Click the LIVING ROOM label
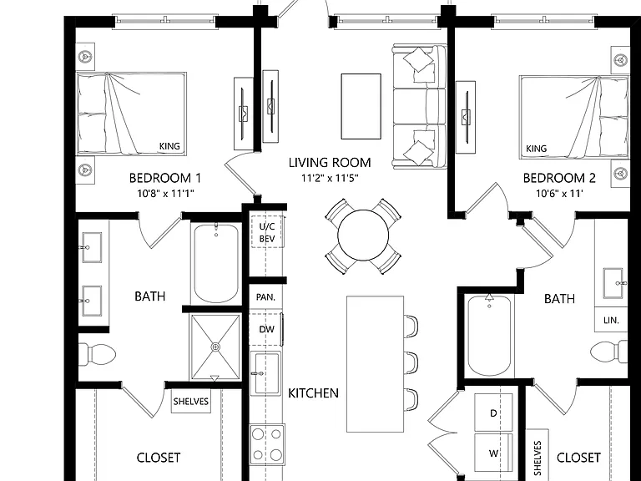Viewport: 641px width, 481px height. click(x=330, y=163)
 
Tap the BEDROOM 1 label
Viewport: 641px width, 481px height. click(x=165, y=179)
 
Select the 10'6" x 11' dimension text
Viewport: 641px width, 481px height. click(x=559, y=193)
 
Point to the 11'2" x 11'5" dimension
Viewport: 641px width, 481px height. click(x=330, y=179)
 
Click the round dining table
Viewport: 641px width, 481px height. click(x=363, y=235)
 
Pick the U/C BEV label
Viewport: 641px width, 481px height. click(x=267, y=232)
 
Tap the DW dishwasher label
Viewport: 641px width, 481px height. click(x=266, y=329)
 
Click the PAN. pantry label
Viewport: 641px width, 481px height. click(x=265, y=297)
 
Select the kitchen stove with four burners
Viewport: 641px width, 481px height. click(x=267, y=444)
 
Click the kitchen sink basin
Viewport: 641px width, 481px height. click(x=266, y=373)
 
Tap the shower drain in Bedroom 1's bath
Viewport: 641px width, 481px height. click(x=215, y=347)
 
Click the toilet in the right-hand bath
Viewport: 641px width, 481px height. click(x=609, y=352)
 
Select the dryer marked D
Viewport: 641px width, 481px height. click(x=493, y=413)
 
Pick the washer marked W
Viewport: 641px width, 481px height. click(x=493, y=453)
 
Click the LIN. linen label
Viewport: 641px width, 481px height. click(x=611, y=321)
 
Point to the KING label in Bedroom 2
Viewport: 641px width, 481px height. click(x=537, y=149)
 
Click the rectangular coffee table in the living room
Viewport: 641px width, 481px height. click(x=361, y=106)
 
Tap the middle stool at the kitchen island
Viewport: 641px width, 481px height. click(x=411, y=362)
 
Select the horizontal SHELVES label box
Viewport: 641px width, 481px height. click(x=191, y=401)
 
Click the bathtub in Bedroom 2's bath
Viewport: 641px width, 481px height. click(x=489, y=336)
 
